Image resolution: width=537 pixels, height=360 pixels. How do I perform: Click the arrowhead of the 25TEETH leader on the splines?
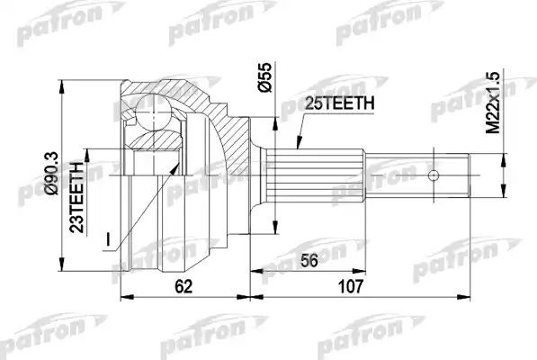297,146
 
